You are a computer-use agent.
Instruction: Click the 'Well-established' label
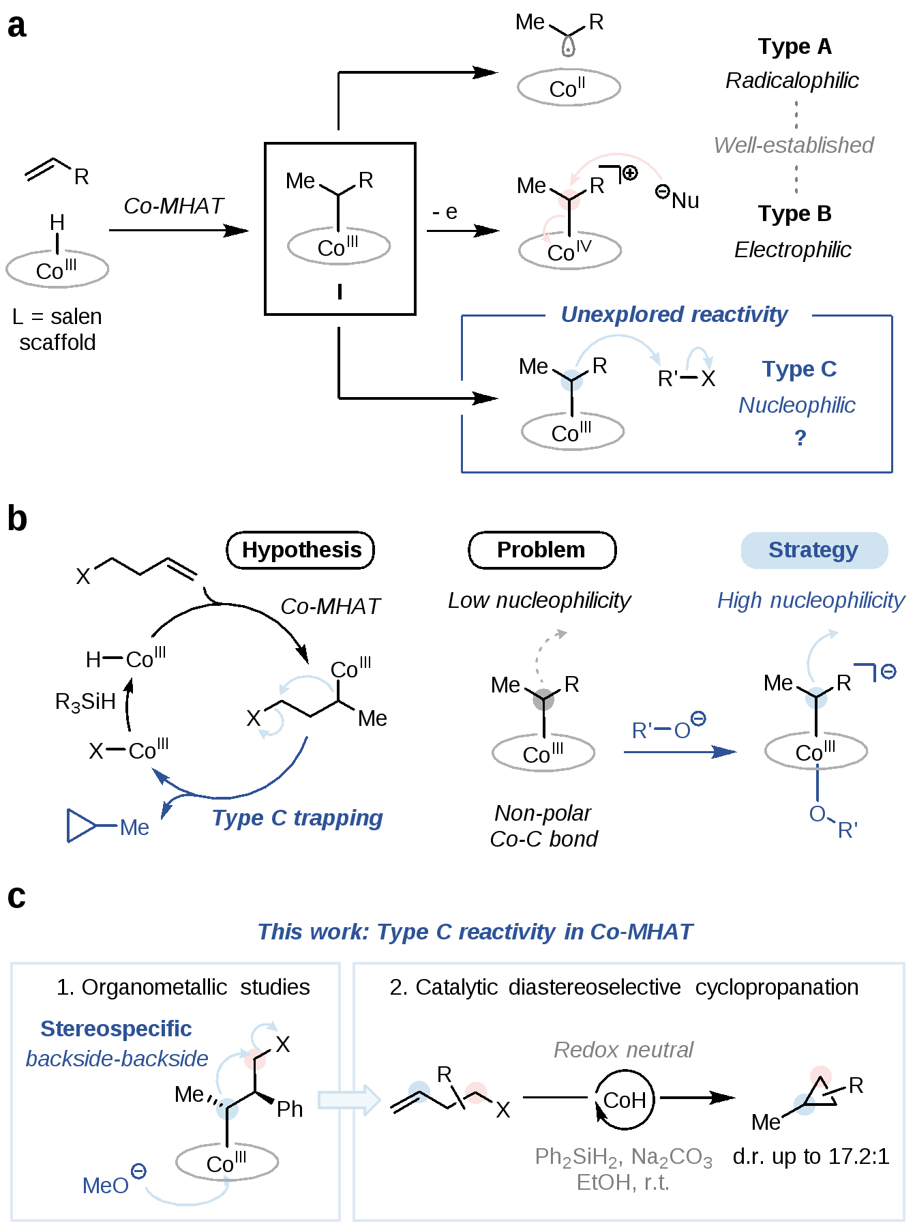[793, 145]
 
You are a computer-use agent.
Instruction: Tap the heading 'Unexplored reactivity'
[674, 315]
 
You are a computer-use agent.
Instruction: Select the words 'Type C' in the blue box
[799, 369]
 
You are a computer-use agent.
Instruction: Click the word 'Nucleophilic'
[796, 405]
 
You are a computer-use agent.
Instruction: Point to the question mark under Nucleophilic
[800, 437]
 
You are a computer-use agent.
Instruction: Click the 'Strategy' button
[813, 550]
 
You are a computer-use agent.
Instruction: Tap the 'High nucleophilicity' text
[811, 600]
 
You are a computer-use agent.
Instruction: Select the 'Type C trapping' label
[297, 817]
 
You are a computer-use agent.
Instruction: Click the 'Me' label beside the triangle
[134, 828]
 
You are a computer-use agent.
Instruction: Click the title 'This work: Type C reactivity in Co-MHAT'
[475, 932]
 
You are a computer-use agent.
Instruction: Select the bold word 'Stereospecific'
[116, 1029]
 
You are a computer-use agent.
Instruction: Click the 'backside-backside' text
[117, 1059]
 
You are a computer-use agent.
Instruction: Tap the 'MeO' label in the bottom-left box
[106, 1186]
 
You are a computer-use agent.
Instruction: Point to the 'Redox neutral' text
[623, 1050]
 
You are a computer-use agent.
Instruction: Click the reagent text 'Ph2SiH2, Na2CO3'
[623, 1157]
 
